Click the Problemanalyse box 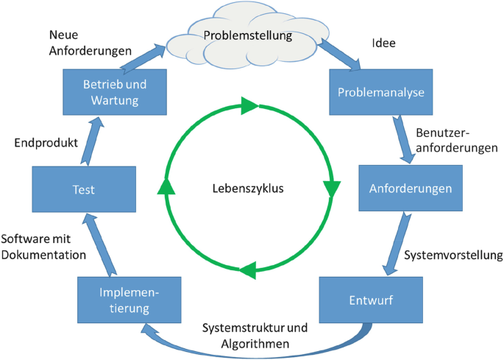pos(382,92)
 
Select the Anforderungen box pos(410,188)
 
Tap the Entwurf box pos(371,300)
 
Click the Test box pos(84,189)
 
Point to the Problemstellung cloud pos(247,35)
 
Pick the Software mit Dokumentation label pos(43,247)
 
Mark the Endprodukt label pos(46,143)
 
